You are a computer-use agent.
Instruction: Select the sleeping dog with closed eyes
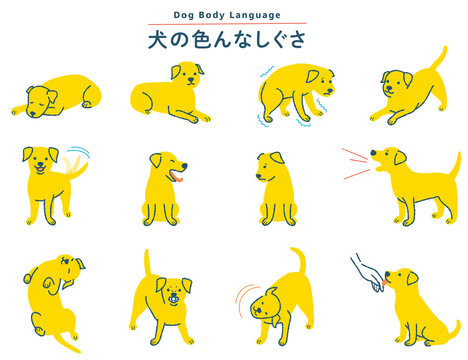[x=55, y=97]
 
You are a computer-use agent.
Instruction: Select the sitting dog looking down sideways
[x=275, y=190]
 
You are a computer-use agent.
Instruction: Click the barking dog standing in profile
[x=415, y=185]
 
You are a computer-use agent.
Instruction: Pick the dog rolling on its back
[x=54, y=295]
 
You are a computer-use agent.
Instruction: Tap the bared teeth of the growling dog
[x=176, y=298]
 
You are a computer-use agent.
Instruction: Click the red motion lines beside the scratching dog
[x=242, y=300]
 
